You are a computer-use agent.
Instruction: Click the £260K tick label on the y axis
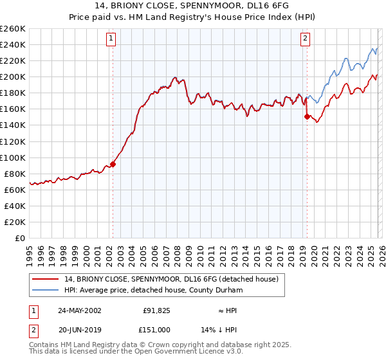pyautogui.click(x=12, y=29)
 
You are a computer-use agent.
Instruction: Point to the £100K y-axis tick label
pyautogui.click(x=12, y=157)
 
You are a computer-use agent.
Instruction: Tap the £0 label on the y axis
pyautogui.click(x=19, y=238)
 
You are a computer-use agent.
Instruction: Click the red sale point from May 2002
pyautogui.click(x=113, y=164)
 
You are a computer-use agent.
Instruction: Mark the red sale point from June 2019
pyautogui.click(x=307, y=116)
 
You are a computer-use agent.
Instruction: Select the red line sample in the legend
pyautogui.click(x=46, y=280)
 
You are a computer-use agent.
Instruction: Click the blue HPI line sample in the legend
pyautogui.click(x=46, y=290)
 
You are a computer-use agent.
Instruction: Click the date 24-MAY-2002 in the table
pyautogui.click(x=79, y=310)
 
